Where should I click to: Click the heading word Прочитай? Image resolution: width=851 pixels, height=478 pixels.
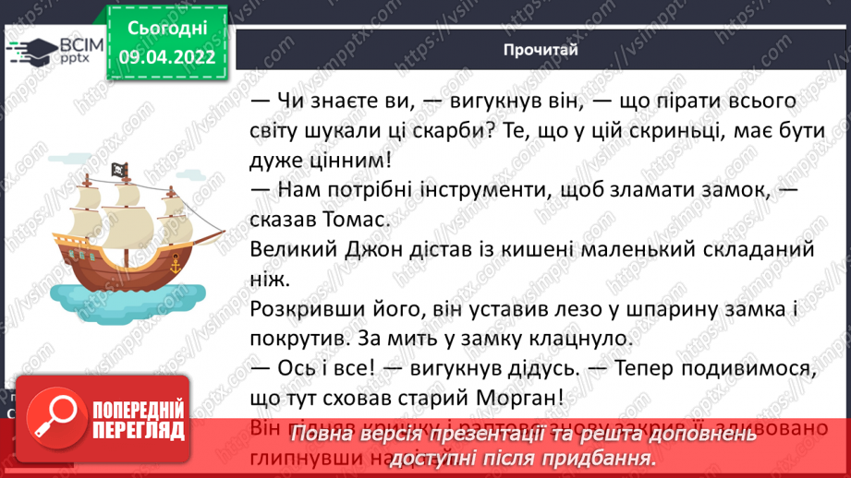point(541,50)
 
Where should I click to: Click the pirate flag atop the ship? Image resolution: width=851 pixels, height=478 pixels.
point(120,170)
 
